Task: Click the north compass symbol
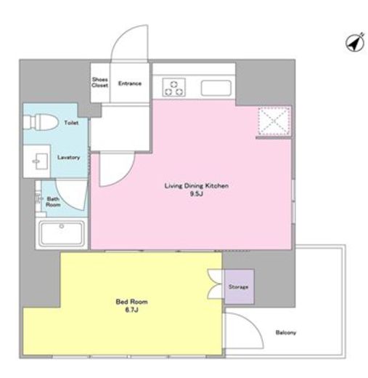tap(355, 43)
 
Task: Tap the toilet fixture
tap(41, 122)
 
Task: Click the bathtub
tap(62, 233)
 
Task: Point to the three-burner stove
tap(173, 87)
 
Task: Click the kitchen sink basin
tap(216, 88)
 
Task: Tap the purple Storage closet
tap(239, 286)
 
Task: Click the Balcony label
tap(286, 332)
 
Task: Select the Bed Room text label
tap(131, 302)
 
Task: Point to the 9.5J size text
tap(196, 194)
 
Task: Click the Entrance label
tap(130, 84)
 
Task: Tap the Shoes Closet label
tap(99, 82)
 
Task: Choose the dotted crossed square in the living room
tap(274, 121)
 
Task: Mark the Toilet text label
tap(71, 123)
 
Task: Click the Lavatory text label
tap(68, 158)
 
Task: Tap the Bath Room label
tap(53, 202)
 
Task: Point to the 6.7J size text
tap(131, 310)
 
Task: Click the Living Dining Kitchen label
tap(197, 186)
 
